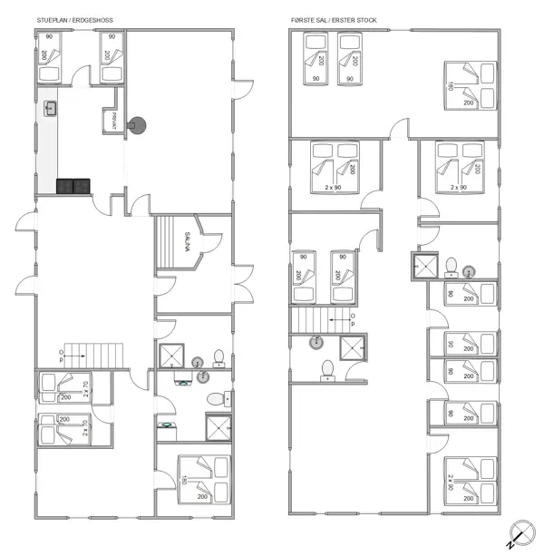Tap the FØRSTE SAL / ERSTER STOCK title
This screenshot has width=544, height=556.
pyautogui.click(x=333, y=18)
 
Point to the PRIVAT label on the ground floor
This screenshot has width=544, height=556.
pyautogui.click(x=114, y=121)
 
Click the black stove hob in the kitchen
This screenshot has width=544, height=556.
pyautogui.click(x=73, y=186)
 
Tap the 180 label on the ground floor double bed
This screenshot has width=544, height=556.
pyautogui.click(x=183, y=480)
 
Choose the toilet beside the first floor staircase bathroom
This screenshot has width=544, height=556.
pyautogui.click(x=327, y=367)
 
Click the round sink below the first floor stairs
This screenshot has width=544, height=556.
pyautogui.click(x=316, y=342)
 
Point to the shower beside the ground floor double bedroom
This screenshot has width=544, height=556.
pyautogui.click(x=219, y=426)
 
